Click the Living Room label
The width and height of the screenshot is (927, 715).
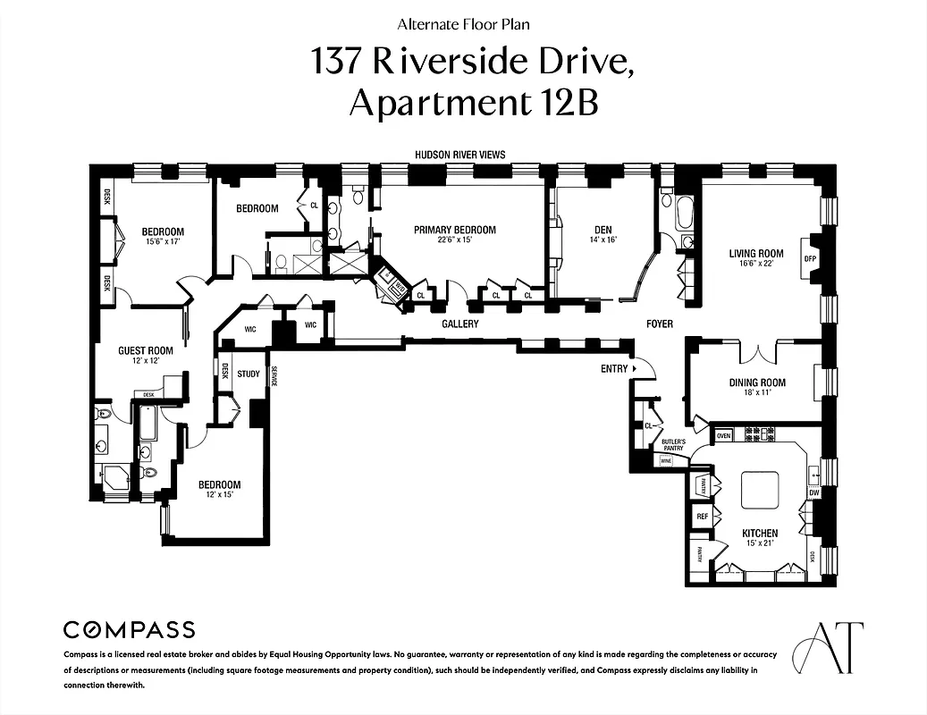tap(755, 254)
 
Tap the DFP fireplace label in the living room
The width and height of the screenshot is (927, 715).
tap(811, 259)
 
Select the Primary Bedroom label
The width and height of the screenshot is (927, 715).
tap(454, 230)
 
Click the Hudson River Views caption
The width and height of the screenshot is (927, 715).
tap(459, 155)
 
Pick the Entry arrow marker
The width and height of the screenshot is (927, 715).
tap(634, 368)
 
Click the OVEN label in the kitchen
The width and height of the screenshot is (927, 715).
tap(723, 435)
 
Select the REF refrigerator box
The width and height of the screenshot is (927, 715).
tap(702, 517)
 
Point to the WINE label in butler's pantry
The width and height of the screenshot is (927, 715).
tap(665, 461)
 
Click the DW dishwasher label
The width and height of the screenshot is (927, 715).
tap(813, 492)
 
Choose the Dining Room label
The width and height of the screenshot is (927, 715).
tap(756, 383)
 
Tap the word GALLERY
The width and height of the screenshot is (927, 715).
tap(460, 324)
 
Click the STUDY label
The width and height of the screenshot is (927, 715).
tap(249, 374)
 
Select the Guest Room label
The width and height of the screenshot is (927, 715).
tap(146, 350)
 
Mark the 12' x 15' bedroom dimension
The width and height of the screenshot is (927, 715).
tap(219, 495)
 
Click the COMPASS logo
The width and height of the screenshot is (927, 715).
tap(129, 629)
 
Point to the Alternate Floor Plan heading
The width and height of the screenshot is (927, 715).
tap(462, 25)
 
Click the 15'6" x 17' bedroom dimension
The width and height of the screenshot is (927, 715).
tap(163, 242)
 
